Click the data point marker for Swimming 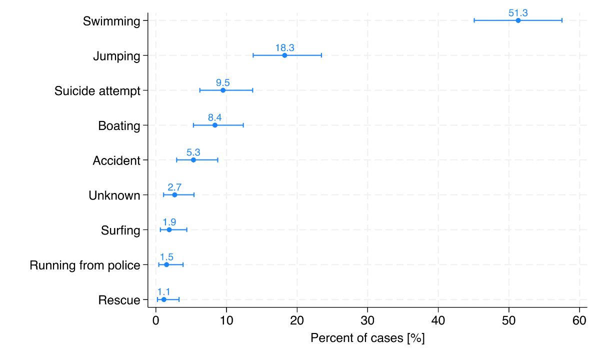coord(518,20)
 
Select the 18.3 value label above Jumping coord(284,48)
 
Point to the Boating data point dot coord(215,125)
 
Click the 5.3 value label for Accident coord(193,152)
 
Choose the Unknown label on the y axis coord(114,195)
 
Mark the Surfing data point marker coord(169,229)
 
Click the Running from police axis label coord(85,265)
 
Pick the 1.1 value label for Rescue coord(164,292)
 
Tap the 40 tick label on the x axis coord(438,320)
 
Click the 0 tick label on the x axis coord(156,320)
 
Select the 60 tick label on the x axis coord(579,320)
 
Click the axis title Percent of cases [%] coord(367,338)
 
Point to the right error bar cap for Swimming coord(562,20)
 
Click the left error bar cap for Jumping coord(253,55)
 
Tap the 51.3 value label coord(518,13)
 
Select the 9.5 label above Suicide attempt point coord(223,83)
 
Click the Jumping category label coord(116,56)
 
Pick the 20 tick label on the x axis coord(297,320)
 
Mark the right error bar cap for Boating coord(243,125)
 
